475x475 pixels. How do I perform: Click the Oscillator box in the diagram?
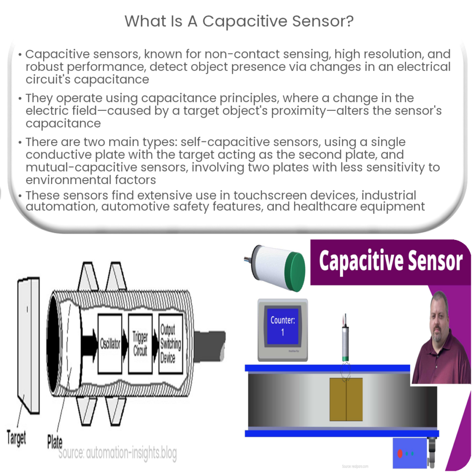[x=110, y=344]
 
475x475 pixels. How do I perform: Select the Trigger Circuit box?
[x=140, y=344]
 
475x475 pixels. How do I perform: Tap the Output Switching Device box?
[x=171, y=344]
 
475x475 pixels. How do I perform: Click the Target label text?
[x=17, y=437]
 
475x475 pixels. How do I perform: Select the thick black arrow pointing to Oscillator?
[x=88, y=344]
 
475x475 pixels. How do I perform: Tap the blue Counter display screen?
[x=282, y=326]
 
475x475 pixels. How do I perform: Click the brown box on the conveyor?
[x=346, y=399]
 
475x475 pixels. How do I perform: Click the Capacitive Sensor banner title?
[x=391, y=261]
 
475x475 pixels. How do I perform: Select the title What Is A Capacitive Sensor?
[x=237, y=21]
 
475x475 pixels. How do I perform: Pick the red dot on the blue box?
[x=400, y=454]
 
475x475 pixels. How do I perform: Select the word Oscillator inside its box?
[x=110, y=344]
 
